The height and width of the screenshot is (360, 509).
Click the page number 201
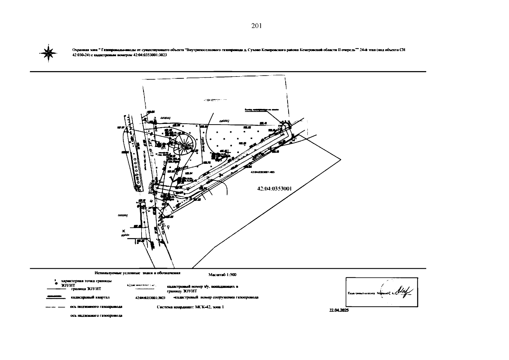(257, 26)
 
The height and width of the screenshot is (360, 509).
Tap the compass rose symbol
(48, 53)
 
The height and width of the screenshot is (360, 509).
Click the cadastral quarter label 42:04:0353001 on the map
(274, 189)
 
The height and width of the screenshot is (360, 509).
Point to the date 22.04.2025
(339, 310)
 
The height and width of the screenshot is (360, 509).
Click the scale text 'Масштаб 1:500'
(222, 274)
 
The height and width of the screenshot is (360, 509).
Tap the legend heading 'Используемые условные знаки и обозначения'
(137, 273)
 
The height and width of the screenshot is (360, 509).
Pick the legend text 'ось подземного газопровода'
(96, 307)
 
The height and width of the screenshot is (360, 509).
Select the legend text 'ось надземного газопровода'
(96, 316)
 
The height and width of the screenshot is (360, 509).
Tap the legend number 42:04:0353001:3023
(151, 298)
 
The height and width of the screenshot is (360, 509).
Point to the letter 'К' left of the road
(124, 231)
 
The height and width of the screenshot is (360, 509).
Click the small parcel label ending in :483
(262, 172)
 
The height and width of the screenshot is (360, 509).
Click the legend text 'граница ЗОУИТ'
(86, 289)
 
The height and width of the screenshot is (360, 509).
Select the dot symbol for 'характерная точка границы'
(56, 283)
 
